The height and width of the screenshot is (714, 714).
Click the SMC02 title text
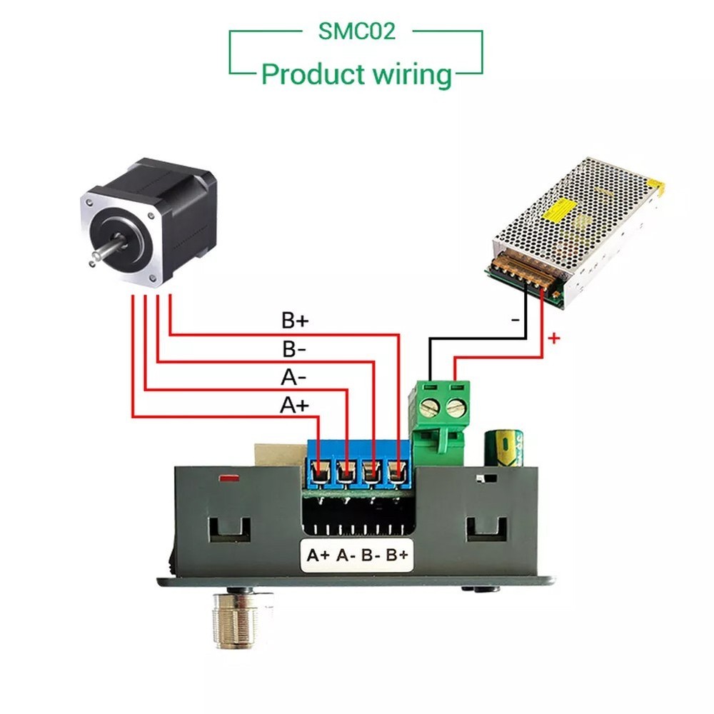click(356, 31)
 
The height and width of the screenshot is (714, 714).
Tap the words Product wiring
click(356, 74)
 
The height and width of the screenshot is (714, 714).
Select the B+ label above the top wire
click(294, 319)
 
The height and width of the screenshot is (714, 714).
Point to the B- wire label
click(294, 348)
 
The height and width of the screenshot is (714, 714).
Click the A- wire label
click(294, 377)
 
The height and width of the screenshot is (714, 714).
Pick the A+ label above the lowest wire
click(294, 406)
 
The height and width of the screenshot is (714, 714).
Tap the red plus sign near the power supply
click(554, 338)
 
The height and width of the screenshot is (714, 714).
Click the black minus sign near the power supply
click(516, 321)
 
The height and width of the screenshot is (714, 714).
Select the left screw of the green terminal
click(430, 408)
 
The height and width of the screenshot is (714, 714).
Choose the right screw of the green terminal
click(455, 408)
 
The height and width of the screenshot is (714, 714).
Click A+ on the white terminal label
click(318, 554)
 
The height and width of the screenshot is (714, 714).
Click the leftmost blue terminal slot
click(320, 471)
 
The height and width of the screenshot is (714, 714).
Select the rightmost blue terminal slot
click(396, 471)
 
